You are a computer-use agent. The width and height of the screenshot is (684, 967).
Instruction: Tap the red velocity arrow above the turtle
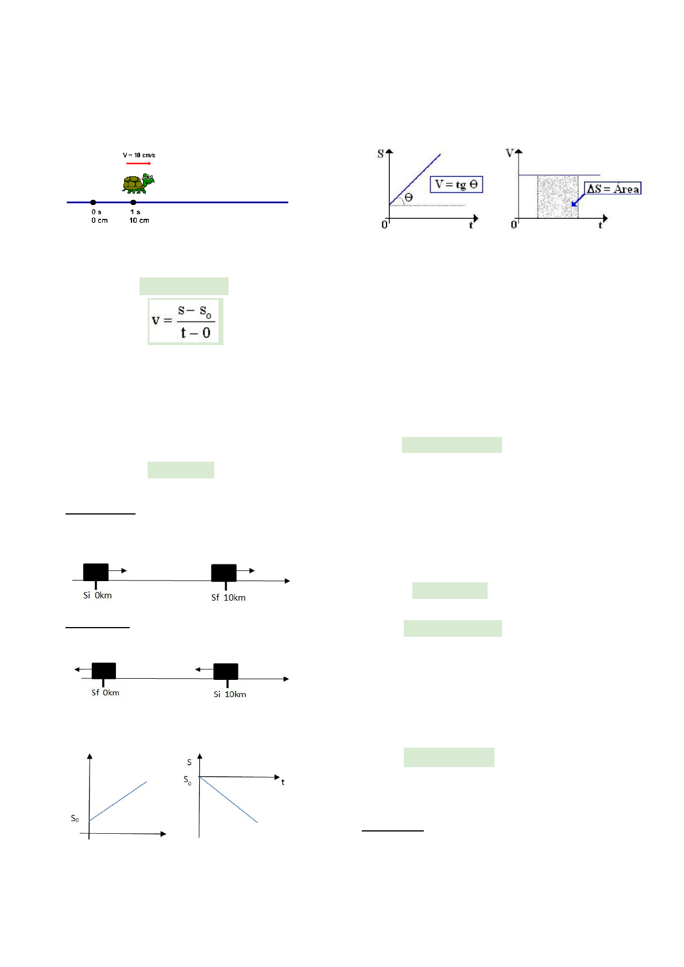point(138,164)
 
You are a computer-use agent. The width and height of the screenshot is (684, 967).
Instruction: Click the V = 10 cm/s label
point(139,155)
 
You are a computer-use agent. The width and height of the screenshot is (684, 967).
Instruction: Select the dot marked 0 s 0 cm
point(93,202)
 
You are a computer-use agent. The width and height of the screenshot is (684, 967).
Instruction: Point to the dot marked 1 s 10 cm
point(133,202)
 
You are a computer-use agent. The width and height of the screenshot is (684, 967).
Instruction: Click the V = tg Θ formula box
point(457,184)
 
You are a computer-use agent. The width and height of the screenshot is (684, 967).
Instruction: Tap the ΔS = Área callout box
point(613,189)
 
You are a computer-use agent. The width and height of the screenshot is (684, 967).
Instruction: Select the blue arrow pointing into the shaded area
point(577,201)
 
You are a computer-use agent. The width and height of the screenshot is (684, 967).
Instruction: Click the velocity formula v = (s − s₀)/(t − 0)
point(185,321)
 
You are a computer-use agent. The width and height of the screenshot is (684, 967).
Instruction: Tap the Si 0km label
point(98,595)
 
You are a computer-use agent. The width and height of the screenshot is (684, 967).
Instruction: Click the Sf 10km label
point(228,598)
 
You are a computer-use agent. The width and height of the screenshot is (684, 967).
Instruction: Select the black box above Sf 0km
point(104,671)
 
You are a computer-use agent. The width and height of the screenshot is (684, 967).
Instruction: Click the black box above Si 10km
point(226,671)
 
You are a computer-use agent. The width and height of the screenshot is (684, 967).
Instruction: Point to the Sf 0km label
point(105,693)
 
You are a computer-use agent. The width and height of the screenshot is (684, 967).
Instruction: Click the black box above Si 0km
point(96,573)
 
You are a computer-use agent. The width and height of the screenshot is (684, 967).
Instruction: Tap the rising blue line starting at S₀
point(118,801)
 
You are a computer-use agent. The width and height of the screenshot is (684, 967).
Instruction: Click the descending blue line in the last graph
point(229,800)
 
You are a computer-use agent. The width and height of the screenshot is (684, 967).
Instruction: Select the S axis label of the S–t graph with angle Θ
point(380,154)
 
